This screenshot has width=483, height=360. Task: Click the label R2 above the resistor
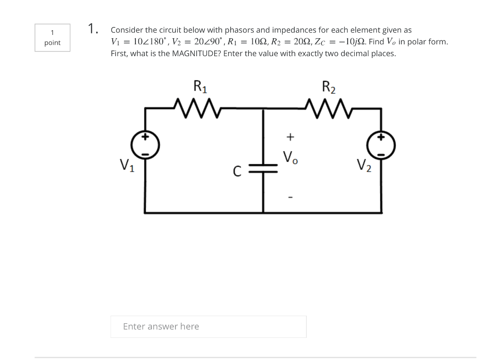(x=329, y=86)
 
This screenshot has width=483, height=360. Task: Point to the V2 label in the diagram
(x=363, y=165)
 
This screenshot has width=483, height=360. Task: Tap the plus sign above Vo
(x=290, y=137)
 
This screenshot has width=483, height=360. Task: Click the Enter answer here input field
(x=208, y=327)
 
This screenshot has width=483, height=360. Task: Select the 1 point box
(x=52, y=38)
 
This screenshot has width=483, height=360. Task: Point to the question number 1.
(x=92, y=28)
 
